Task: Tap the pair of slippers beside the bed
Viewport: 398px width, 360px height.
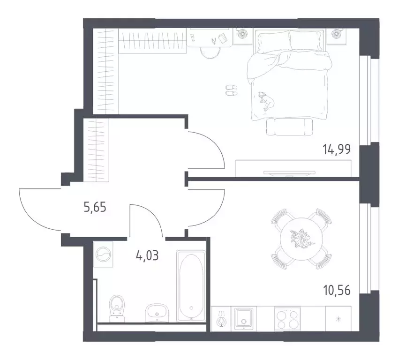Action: [231, 90]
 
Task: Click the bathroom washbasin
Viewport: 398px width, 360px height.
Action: [157, 312]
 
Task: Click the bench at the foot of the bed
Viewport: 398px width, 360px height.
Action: [289, 126]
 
